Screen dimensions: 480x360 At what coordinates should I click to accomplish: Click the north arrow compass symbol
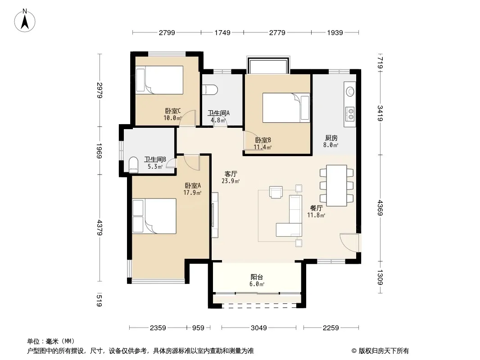(25, 21)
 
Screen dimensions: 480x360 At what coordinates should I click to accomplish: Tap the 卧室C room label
(173, 111)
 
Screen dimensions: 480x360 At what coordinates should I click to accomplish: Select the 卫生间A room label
(218, 113)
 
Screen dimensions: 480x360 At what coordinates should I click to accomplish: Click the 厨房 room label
(331, 138)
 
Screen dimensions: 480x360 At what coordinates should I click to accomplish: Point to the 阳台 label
(257, 277)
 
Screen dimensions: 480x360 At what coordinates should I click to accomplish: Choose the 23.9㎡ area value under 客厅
(231, 181)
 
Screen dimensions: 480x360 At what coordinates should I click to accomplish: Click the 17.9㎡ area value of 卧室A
(192, 193)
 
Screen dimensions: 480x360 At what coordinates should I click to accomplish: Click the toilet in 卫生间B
(133, 164)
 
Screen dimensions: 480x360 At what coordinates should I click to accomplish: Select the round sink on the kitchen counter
(349, 91)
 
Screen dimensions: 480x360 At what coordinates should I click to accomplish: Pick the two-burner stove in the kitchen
(349, 113)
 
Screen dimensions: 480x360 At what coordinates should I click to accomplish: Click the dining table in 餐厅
(336, 185)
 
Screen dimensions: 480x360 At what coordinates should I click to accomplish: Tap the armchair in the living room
(276, 192)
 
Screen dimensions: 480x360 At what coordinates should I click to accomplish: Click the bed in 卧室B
(286, 108)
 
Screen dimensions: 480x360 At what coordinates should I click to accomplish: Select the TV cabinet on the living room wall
(215, 215)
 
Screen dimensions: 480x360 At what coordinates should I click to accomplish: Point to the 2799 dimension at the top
(167, 32)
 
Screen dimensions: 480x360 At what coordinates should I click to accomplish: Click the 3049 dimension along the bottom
(258, 328)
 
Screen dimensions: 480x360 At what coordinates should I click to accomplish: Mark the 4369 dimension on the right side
(380, 208)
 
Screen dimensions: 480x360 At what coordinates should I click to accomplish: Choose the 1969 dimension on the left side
(99, 151)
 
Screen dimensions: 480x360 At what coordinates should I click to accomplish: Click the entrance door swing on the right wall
(349, 243)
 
